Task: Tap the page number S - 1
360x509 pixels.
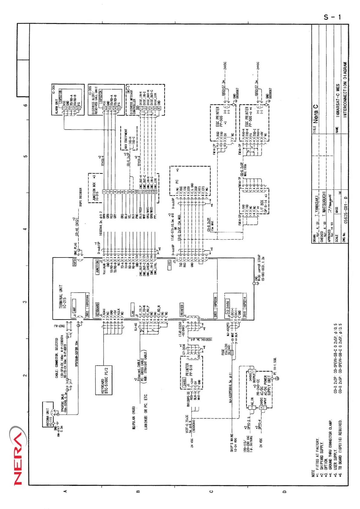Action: pyautogui.click(x=332, y=17)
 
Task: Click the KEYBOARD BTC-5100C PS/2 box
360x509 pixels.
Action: pyautogui.click(x=104, y=380)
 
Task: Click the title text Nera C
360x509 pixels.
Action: pyautogui.click(x=316, y=114)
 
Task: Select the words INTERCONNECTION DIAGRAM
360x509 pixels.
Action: pyautogui.click(x=345, y=90)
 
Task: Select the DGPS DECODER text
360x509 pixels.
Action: pyautogui.click(x=81, y=197)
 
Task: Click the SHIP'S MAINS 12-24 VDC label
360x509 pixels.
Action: pyautogui.click(x=234, y=443)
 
